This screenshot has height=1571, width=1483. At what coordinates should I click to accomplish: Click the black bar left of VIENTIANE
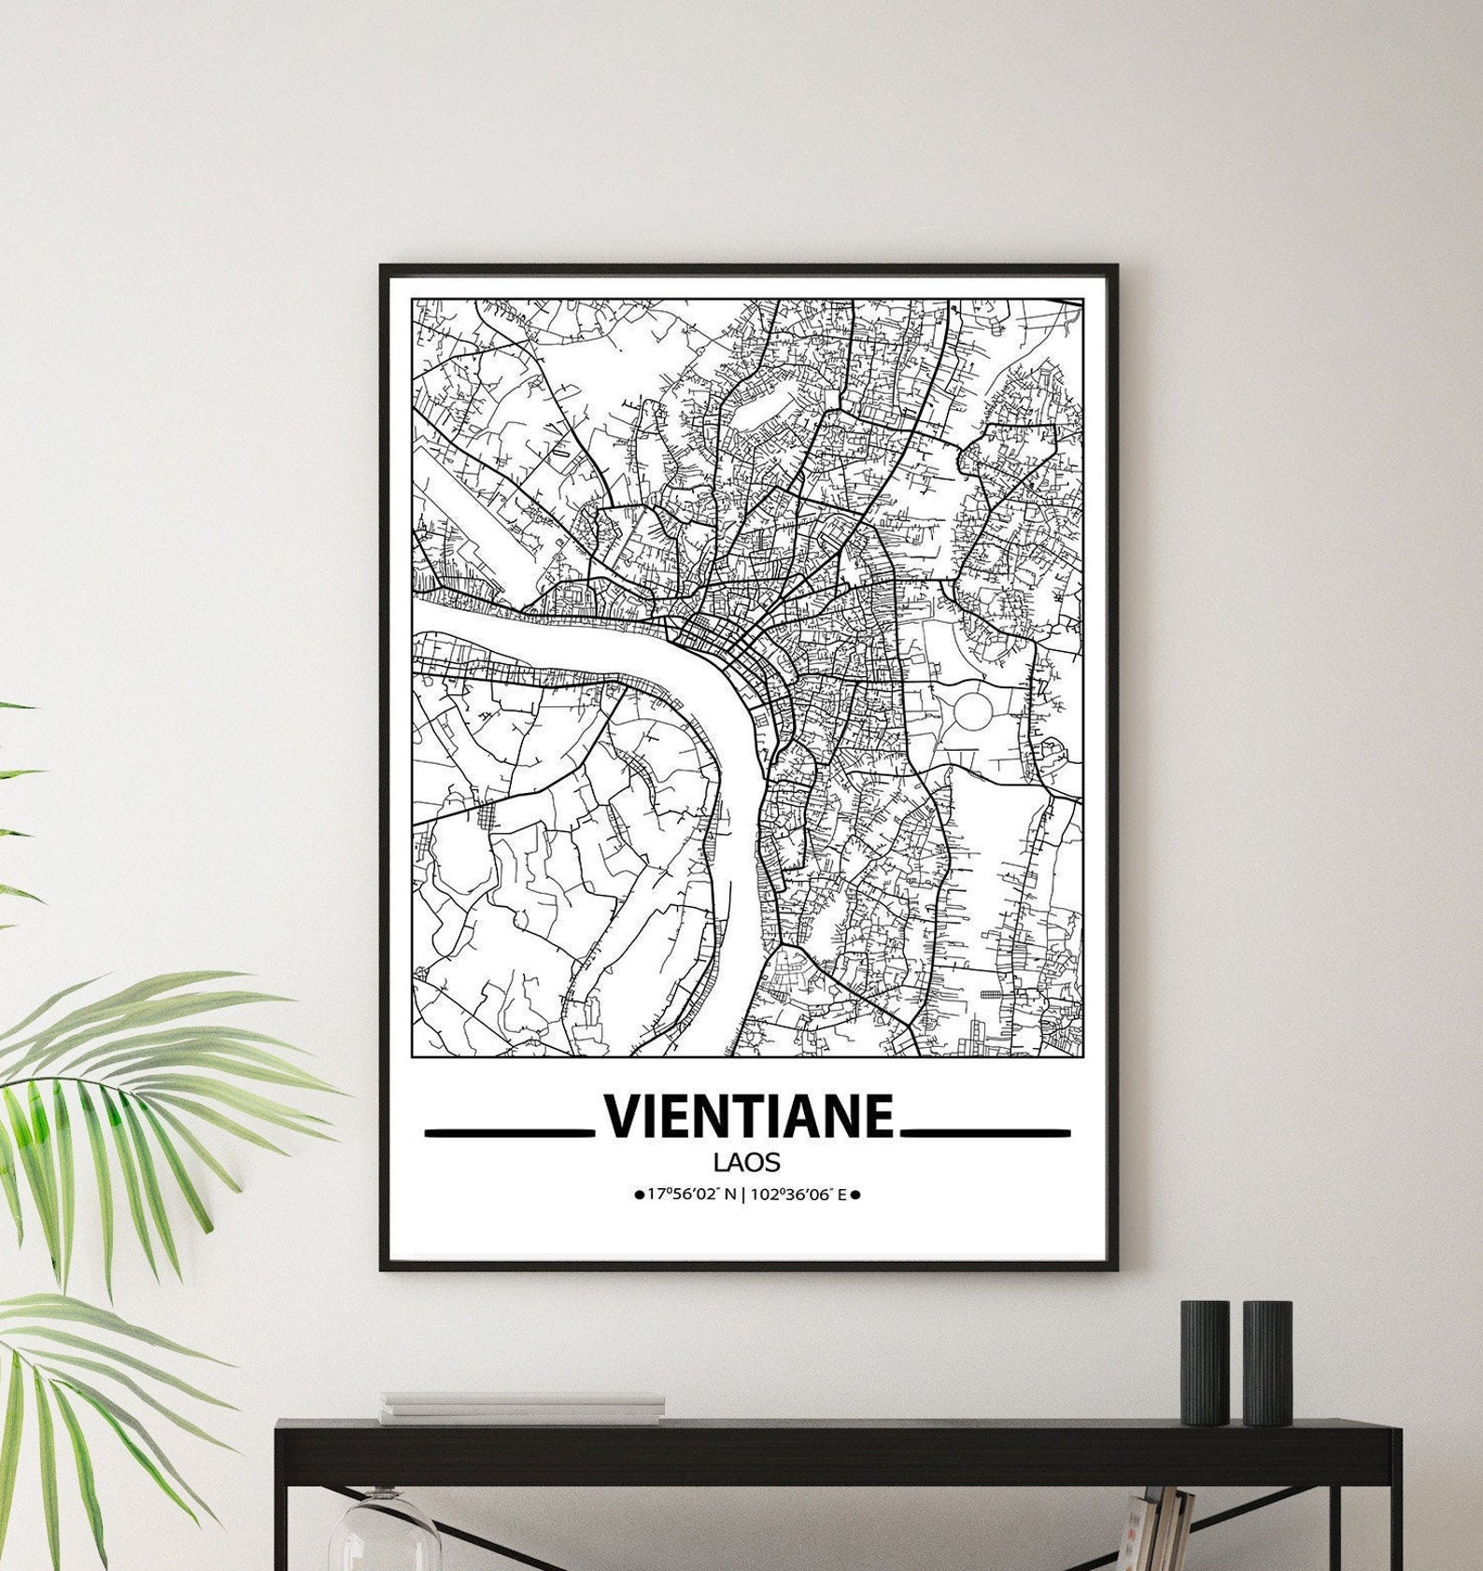(x=510, y=1133)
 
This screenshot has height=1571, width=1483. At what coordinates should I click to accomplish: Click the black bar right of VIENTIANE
(x=985, y=1133)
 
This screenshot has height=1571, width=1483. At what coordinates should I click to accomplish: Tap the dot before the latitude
(x=639, y=1195)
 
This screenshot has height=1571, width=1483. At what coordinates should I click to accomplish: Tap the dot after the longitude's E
(x=855, y=1194)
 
